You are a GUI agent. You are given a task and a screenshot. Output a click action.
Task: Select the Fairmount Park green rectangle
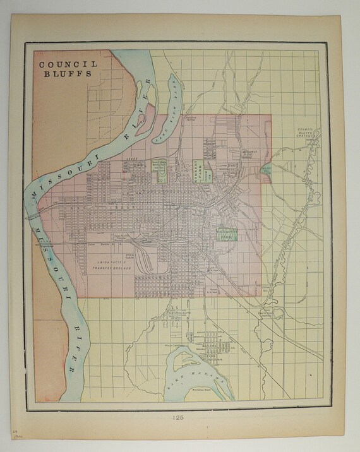pos(227,234)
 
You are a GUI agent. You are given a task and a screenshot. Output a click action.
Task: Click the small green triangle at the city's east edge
pos(267,171)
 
